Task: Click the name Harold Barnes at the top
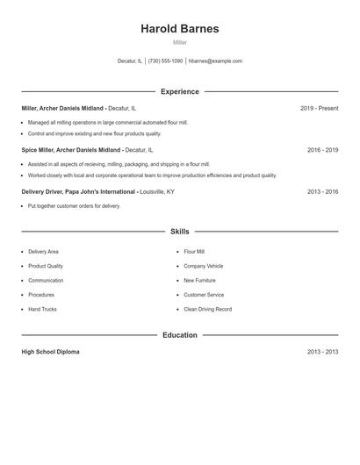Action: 180,28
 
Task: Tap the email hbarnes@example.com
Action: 215,61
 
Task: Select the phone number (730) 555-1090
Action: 165,61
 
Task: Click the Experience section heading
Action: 180,91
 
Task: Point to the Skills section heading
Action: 180,232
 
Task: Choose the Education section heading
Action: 180,335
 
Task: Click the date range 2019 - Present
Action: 319,108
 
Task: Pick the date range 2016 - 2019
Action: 322,150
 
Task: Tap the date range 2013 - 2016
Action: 322,191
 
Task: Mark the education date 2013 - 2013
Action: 322,352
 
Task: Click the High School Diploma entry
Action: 50,352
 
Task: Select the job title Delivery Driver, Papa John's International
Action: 78,191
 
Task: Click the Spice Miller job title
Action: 70,150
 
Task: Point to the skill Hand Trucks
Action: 42,310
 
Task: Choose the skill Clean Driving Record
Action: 207,310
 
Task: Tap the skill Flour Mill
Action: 194,252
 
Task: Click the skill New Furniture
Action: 200,281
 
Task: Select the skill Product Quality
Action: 46,266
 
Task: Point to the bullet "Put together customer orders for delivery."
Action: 74,206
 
